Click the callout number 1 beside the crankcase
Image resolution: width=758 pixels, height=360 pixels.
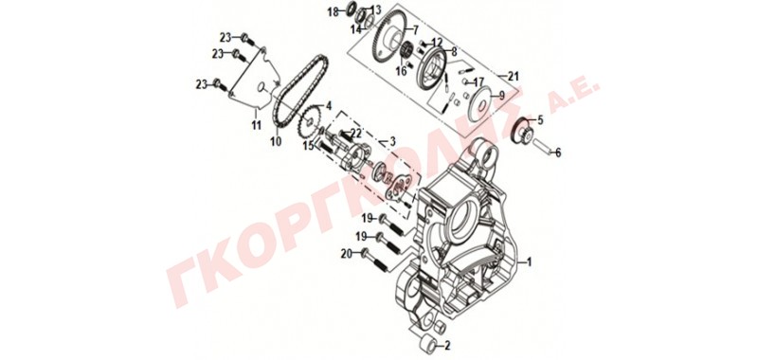click(x=529, y=262)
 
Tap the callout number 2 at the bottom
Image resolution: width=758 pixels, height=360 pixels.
click(x=447, y=346)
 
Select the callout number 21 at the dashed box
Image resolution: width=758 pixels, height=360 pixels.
click(x=513, y=76)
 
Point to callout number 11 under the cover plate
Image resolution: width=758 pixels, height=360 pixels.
click(x=256, y=125)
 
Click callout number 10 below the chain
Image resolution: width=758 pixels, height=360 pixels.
click(x=276, y=142)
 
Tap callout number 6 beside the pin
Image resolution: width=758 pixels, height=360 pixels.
click(x=558, y=153)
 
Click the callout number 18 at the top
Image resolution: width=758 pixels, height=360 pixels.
click(x=334, y=11)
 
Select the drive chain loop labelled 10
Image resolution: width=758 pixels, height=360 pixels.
click(x=299, y=91)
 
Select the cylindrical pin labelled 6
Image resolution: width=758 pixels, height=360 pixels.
click(x=542, y=147)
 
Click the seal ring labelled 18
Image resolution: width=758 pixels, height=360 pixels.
click(x=352, y=9)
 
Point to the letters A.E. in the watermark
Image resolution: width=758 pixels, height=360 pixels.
click(x=574, y=98)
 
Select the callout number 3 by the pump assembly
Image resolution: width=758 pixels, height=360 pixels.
click(x=392, y=141)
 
